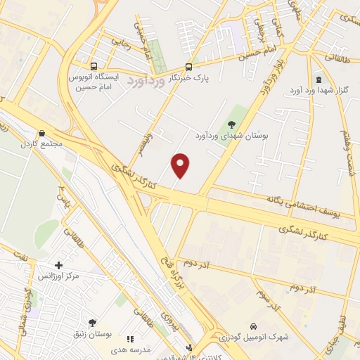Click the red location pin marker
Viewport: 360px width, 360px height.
coord(181,165)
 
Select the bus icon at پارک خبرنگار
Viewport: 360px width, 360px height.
coord(188,66)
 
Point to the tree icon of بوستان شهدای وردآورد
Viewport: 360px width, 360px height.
coord(232,125)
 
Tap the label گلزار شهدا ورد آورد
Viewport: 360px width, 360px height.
coord(319,91)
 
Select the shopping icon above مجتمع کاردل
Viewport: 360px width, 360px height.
coord(42,132)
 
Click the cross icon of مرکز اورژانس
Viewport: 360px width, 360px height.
coord(58,266)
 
